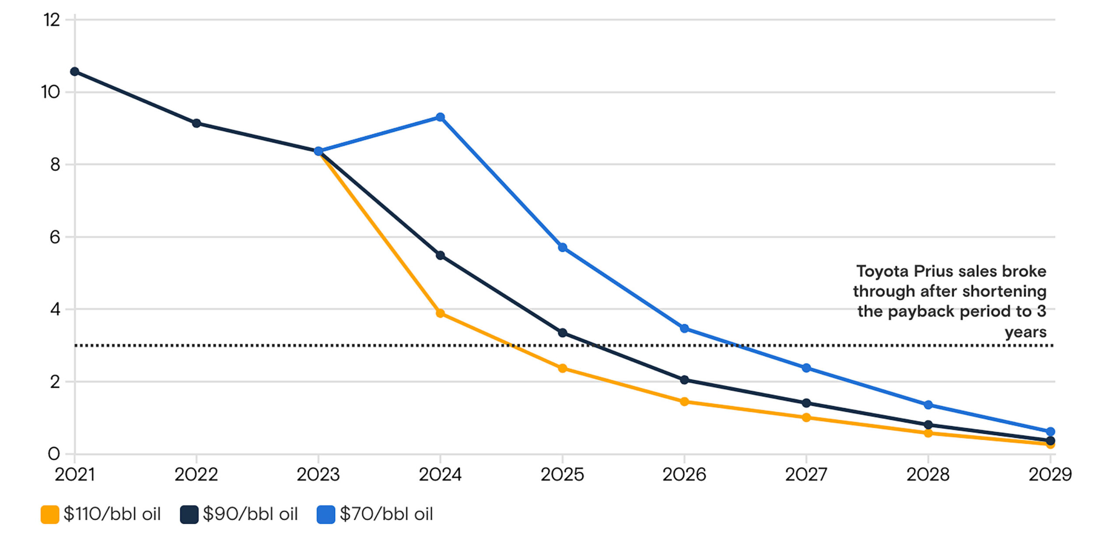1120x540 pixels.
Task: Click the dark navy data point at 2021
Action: coord(75,71)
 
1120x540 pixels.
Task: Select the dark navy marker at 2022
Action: coord(196,123)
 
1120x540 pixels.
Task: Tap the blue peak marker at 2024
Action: coord(441,117)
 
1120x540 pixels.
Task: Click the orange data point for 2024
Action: coord(441,313)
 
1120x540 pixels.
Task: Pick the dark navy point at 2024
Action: coord(441,255)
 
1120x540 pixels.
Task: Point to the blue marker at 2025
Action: coord(563,247)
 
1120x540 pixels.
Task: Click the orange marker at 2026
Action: coord(685,402)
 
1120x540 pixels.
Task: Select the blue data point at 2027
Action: coord(806,368)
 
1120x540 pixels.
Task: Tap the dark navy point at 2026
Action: coord(685,380)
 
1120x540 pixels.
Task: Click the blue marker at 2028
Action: coord(928,405)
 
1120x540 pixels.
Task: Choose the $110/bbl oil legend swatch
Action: coord(50,514)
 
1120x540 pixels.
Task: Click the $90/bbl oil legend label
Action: coord(250,514)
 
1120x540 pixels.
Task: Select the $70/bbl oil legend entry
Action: coord(375,514)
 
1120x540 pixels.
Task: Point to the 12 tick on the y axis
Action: coord(52,20)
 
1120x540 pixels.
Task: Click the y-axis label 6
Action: coord(55,237)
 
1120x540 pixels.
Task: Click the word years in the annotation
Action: coord(1025,332)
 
